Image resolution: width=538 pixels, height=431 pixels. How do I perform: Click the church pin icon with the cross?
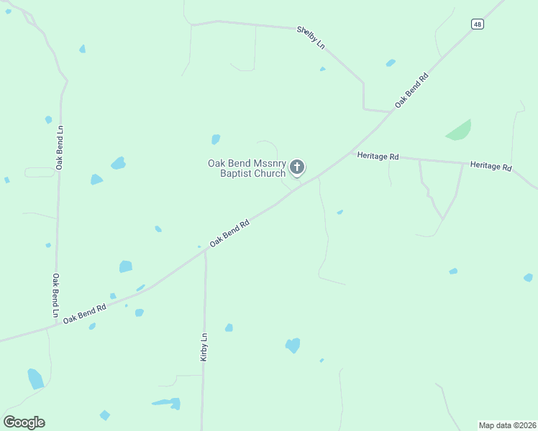(296, 168)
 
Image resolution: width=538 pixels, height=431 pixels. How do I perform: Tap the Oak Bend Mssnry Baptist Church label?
(247, 168)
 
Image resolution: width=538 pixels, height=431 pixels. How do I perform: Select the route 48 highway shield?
(478, 24)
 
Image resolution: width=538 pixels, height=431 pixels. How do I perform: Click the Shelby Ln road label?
(311, 37)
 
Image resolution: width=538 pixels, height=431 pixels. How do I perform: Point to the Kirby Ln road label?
(204, 347)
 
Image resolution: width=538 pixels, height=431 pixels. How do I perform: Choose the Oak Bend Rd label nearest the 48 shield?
(411, 91)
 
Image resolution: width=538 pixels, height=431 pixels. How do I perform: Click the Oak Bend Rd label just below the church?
(229, 234)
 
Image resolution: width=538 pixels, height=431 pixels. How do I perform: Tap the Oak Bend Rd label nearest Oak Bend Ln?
(84, 313)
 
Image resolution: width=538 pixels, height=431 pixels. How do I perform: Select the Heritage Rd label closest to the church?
(378, 155)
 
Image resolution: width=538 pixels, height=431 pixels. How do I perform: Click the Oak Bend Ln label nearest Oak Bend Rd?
(55, 295)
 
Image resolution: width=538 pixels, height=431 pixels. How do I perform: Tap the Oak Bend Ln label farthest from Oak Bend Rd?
(60, 147)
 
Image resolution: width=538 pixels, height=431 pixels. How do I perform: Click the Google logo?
(24, 422)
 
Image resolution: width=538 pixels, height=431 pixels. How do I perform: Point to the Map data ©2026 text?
(507, 425)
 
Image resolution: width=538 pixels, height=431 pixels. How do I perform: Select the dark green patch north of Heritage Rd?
(459, 130)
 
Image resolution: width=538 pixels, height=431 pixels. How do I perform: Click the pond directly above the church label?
(216, 139)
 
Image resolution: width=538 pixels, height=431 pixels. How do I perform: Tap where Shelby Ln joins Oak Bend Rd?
(389, 112)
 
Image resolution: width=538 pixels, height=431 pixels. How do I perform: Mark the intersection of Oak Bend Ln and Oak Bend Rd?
(56, 325)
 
